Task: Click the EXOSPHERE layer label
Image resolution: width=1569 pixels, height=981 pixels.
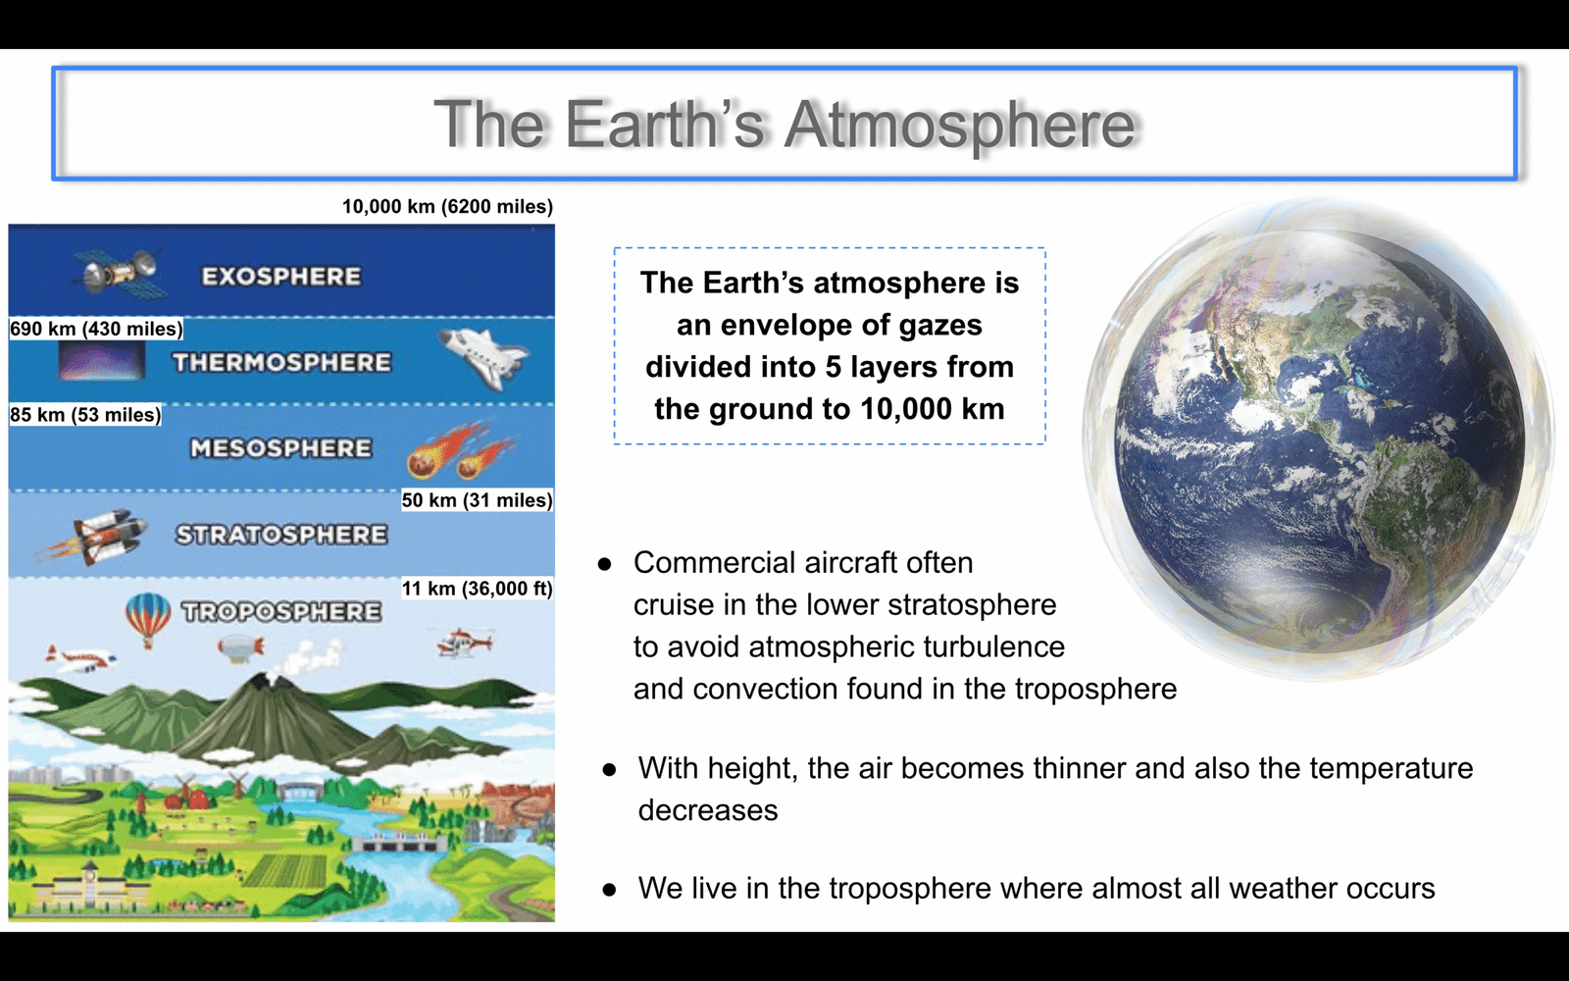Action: (x=281, y=276)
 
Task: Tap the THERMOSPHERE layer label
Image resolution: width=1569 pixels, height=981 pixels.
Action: (x=282, y=362)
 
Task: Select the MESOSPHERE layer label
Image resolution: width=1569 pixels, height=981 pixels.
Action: (x=280, y=447)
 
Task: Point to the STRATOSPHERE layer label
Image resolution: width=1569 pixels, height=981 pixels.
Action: (x=281, y=535)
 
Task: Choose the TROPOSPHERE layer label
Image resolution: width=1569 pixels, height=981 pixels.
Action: (x=281, y=612)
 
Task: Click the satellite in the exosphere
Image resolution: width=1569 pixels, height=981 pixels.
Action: (x=119, y=274)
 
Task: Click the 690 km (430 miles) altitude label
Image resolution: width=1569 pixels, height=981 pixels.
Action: (x=96, y=329)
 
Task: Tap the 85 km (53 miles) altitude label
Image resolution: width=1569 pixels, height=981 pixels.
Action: (x=84, y=415)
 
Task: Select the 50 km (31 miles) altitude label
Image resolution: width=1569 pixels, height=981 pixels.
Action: (x=477, y=500)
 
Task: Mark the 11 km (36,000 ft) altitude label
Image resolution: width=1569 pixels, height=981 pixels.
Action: (x=477, y=589)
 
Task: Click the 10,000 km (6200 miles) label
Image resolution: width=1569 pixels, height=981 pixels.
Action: (x=447, y=207)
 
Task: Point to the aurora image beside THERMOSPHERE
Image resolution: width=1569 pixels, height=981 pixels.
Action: (x=102, y=362)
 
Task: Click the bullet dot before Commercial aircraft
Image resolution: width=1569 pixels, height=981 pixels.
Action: (x=604, y=564)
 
